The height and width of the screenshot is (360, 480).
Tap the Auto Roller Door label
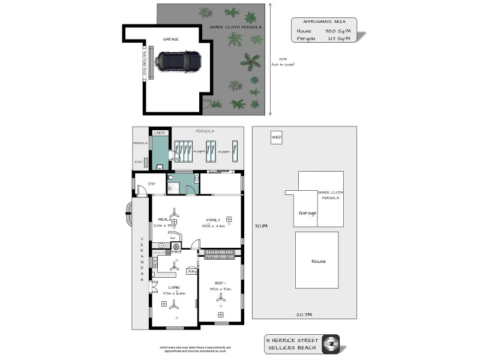pyautogui.click(x=144, y=62)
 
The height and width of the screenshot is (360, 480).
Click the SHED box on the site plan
pyautogui.click(x=277, y=137)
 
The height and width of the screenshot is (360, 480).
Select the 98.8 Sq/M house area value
pyautogui.click(x=333, y=31)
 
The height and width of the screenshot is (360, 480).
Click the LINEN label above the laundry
pyautogui.click(x=159, y=133)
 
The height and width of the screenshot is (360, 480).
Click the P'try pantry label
pyautogui.click(x=192, y=271)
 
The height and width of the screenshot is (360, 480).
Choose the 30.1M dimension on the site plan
pyautogui.click(x=261, y=226)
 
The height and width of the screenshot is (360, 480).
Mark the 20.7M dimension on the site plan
pyautogui.click(x=303, y=314)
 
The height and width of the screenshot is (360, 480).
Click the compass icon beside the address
pyautogui.click(x=331, y=343)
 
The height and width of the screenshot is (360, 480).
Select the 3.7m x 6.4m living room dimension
pyautogui.click(x=174, y=293)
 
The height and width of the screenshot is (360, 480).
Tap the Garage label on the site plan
pyautogui.click(x=307, y=212)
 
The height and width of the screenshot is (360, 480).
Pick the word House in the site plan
pyautogui.click(x=318, y=261)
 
